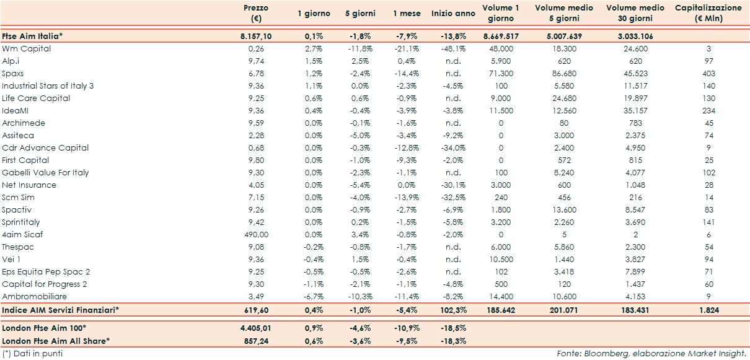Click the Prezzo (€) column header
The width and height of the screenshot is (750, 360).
(x=255, y=13)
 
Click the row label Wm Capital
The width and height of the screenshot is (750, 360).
(x=27, y=48)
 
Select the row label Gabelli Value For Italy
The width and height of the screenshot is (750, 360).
(x=45, y=172)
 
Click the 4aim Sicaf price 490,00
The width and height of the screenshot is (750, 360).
(x=256, y=234)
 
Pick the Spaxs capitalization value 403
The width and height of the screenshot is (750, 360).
(x=708, y=73)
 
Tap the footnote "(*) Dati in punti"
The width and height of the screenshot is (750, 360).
(x=32, y=353)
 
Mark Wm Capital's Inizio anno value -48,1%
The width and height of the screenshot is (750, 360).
(x=457, y=48)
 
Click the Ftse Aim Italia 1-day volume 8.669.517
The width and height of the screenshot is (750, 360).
(x=501, y=37)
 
